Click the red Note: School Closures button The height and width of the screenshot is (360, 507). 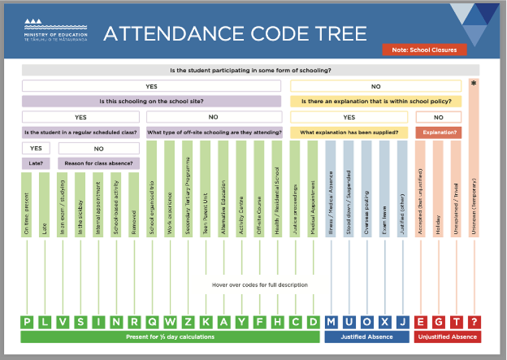424,50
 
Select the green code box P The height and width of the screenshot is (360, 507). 27,322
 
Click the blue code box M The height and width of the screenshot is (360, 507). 331,322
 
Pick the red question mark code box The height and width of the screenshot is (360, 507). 475,322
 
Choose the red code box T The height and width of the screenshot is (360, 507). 456,322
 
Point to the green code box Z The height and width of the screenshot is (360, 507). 188,322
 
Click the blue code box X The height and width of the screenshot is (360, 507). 385,322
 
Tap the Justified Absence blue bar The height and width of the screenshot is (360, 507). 367,337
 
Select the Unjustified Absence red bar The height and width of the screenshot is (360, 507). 448,337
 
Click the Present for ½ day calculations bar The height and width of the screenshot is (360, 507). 170,337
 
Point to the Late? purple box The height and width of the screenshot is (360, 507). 35,164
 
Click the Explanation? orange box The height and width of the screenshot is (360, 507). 439,133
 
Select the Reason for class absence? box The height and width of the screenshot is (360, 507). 99,164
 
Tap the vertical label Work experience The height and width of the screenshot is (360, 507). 170,208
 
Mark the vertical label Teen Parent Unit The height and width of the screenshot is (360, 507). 206,208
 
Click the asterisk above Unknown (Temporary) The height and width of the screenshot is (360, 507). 474,83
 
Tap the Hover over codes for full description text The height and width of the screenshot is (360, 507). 260,285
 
